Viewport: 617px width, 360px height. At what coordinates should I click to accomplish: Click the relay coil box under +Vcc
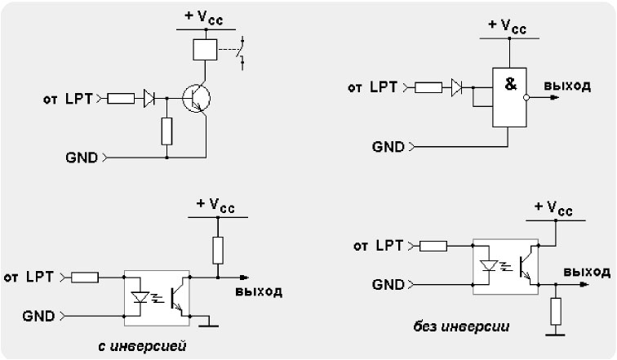coord(205,50)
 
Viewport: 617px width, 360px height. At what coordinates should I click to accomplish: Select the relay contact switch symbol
coord(242,53)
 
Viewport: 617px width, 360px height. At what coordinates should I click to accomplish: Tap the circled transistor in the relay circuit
coord(197,98)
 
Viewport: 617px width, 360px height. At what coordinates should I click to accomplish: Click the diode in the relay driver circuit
coord(149,98)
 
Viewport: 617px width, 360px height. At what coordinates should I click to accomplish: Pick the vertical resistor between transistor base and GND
coord(166,131)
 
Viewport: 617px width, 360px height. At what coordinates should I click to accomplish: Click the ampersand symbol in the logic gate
coord(510,84)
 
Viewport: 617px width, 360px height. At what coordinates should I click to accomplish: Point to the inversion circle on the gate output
coord(526,98)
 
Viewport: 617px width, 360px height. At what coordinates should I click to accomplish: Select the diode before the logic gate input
coord(457,87)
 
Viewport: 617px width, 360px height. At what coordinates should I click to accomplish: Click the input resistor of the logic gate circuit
coord(428,87)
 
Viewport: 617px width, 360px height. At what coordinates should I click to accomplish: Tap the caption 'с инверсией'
coord(142,346)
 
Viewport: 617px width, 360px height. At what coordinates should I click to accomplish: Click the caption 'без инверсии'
coord(461,327)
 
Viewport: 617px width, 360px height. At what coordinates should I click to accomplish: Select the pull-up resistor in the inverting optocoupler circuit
coord(218,251)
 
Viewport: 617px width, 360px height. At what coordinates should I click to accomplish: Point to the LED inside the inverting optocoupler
coord(140,297)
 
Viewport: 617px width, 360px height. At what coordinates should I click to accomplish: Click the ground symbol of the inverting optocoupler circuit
coord(209,321)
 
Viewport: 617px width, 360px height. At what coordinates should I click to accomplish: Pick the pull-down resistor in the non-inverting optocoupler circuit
coord(556,311)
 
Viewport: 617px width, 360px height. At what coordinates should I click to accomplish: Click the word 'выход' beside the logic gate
coord(567,86)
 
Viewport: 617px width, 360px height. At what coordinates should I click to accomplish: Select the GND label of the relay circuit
coord(82,158)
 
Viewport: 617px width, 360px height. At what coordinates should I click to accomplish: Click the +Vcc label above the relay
coord(204,17)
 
